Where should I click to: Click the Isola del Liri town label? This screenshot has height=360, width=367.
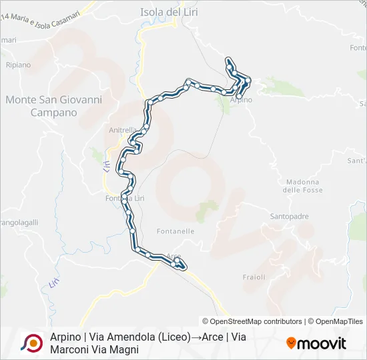(x=169, y=12)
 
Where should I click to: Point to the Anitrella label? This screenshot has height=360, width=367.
(x=122, y=130)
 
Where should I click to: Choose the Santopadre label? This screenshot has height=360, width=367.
(x=289, y=217)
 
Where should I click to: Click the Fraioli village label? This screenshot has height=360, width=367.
(x=254, y=277)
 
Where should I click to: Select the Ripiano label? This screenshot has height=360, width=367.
(x=18, y=65)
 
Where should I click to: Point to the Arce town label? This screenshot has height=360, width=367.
(x=173, y=257)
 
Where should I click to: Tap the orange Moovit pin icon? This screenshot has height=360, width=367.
(x=291, y=343)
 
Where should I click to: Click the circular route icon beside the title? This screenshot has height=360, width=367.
(x=31, y=343)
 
